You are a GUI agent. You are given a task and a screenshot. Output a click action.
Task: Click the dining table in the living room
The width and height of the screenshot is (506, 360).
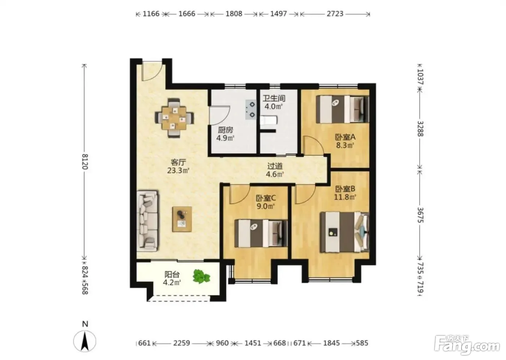pos(174,118)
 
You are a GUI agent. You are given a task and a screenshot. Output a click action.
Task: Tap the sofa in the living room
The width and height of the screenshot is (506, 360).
pos(147,221)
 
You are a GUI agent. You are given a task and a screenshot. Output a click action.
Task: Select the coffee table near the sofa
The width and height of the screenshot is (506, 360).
pos(182,219)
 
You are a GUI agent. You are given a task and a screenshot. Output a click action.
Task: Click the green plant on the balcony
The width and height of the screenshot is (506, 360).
pos(201,276)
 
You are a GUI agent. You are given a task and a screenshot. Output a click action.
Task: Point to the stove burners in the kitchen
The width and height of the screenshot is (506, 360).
pos(251,110)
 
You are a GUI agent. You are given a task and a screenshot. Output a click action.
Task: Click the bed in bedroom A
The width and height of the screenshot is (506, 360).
pos(342,109)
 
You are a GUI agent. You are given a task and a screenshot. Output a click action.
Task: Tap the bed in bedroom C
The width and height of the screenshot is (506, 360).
pos(261,233)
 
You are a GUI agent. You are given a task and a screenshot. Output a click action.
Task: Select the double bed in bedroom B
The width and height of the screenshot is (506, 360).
pos(345,232)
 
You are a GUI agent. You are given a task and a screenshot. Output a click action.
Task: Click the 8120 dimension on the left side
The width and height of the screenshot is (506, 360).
pos(85,162)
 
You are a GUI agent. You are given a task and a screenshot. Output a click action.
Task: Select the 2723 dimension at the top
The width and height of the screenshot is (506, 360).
pos(335,14)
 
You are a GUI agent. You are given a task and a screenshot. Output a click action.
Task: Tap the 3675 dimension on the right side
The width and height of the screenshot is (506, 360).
pos(420,215)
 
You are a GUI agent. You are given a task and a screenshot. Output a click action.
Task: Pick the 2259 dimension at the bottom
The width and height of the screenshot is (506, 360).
pos(181,343)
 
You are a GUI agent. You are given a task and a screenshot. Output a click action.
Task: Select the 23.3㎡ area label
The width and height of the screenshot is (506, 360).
pos(178,171)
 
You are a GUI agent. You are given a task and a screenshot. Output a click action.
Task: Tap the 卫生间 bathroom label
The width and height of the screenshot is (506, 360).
pos(274,98)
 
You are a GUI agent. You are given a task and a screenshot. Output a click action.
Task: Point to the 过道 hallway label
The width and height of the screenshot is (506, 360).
pos(275,166)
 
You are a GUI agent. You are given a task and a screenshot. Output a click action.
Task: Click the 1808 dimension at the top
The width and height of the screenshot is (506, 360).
pos(234,14)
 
